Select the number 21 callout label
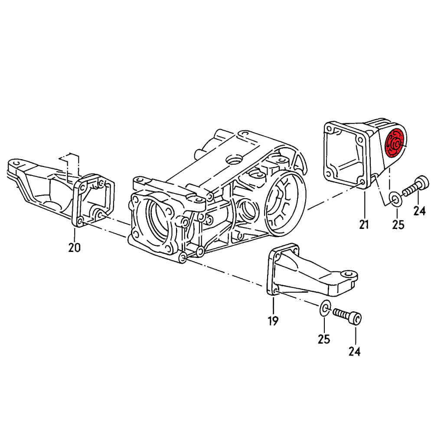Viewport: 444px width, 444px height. pyautogui.click(x=364, y=224)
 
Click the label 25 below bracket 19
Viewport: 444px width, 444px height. pyautogui.click(x=324, y=339)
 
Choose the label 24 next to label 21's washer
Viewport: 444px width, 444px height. pyautogui.click(x=419, y=211)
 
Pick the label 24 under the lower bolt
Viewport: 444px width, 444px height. pyautogui.click(x=354, y=351)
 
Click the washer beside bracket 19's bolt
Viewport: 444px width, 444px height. pyautogui.click(x=325, y=309)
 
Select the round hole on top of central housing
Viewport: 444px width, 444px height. pyautogui.click(x=235, y=160)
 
